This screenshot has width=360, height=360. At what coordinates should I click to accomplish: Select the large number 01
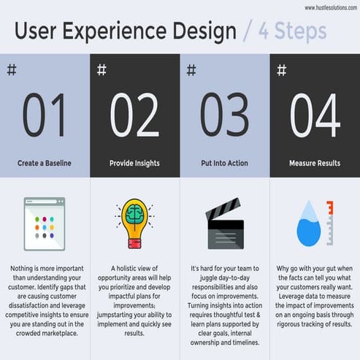click(45, 115)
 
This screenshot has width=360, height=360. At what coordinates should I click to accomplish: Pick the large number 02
click(134, 115)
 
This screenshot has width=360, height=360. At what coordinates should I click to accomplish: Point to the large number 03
click(225, 115)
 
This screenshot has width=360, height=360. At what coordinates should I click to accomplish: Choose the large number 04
click(315, 115)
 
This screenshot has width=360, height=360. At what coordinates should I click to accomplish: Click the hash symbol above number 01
click(11, 70)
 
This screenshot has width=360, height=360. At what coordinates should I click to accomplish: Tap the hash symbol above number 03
click(191, 70)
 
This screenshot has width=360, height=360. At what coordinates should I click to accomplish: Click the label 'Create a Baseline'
click(45, 164)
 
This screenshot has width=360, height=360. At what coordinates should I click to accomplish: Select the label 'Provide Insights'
click(134, 164)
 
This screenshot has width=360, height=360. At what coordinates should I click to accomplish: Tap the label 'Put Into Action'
click(225, 164)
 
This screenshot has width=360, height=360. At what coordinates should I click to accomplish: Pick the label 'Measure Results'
click(315, 164)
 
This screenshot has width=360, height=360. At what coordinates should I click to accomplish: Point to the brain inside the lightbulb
click(136, 217)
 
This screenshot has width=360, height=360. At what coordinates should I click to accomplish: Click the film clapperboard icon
click(225, 226)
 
